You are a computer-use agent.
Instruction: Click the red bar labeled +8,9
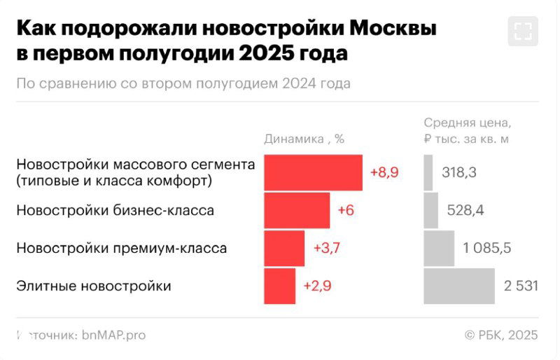(x=313, y=173)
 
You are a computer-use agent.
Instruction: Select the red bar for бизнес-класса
(x=297, y=210)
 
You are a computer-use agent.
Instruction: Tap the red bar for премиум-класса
(x=284, y=248)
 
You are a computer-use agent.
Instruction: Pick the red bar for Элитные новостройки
(x=279, y=286)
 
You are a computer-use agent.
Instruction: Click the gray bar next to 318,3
(x=428, y=173)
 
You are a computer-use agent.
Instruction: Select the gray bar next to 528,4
(x=431, y=210)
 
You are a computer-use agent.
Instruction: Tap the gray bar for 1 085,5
(x=439, y=248)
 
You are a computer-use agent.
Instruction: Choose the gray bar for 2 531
(x=459, y=286)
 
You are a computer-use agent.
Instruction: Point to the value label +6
(x=346, y=210)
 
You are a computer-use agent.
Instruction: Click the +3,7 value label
(x=325, y=248)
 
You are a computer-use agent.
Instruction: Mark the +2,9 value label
(x=316, y=286)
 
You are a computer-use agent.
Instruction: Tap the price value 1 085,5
(x=486, y=248)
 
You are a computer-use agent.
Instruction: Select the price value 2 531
(x=521, y=286)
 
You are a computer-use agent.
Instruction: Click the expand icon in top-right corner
(x=524, y=30)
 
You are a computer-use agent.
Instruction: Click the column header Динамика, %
(x=304, y=139)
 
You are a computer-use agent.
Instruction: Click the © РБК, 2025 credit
(x=501, y=335)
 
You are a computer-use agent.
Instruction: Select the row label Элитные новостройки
(x=93, y=286)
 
